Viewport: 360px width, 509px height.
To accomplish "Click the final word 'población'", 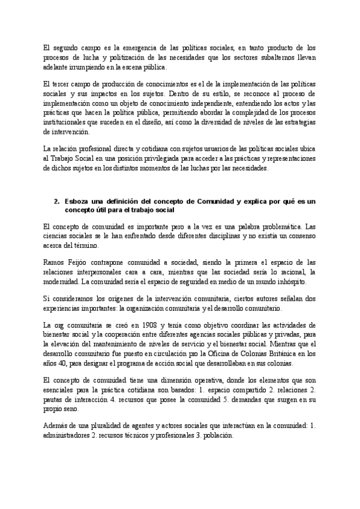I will click(x=209, y=436).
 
